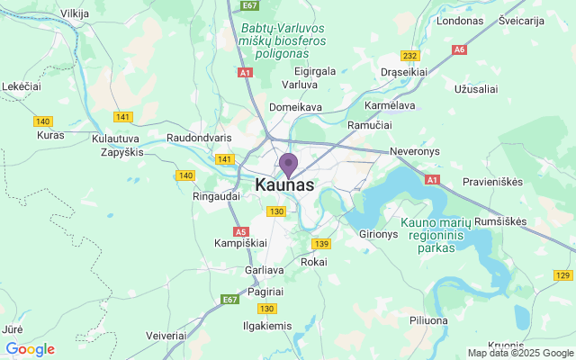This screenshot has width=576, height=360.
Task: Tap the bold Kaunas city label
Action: click(285, 184)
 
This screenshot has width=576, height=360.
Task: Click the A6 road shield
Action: click(461, 49)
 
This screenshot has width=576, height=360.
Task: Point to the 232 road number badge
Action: click(410, 56)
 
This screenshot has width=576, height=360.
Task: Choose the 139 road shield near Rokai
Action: click(321, 243)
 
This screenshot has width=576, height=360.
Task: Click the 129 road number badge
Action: click(562, 275)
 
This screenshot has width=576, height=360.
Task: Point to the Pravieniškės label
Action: click(493, 182)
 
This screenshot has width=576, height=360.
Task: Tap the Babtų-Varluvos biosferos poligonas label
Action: click(283, 40)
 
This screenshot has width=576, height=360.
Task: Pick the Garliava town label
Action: click(265, 270)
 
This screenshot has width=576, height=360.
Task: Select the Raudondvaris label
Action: click(200, 139)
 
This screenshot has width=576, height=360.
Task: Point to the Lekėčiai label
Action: click(22, 85)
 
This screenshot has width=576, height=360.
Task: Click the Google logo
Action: click(30, 349)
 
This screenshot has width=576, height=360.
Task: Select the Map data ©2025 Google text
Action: click(519, 353)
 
